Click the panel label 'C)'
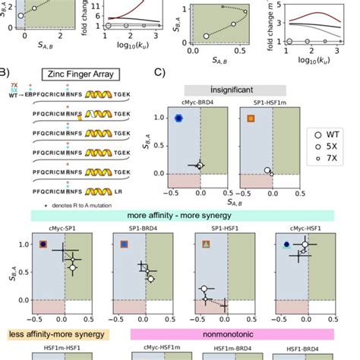point(159,74)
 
